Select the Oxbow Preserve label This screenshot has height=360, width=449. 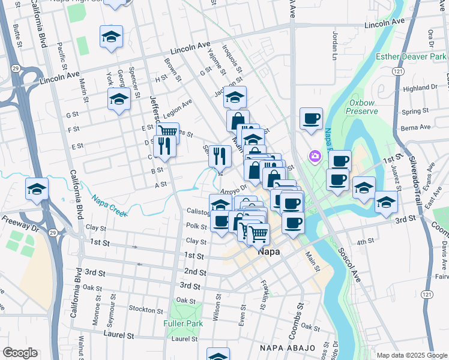coord(363,106)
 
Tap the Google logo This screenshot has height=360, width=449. coord(20,353)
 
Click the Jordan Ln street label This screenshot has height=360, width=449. coord(335,41)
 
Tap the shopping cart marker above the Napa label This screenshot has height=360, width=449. coord(258,233)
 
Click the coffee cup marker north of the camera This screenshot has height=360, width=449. coord(311,118)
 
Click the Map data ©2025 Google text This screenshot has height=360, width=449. coord(411,355)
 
